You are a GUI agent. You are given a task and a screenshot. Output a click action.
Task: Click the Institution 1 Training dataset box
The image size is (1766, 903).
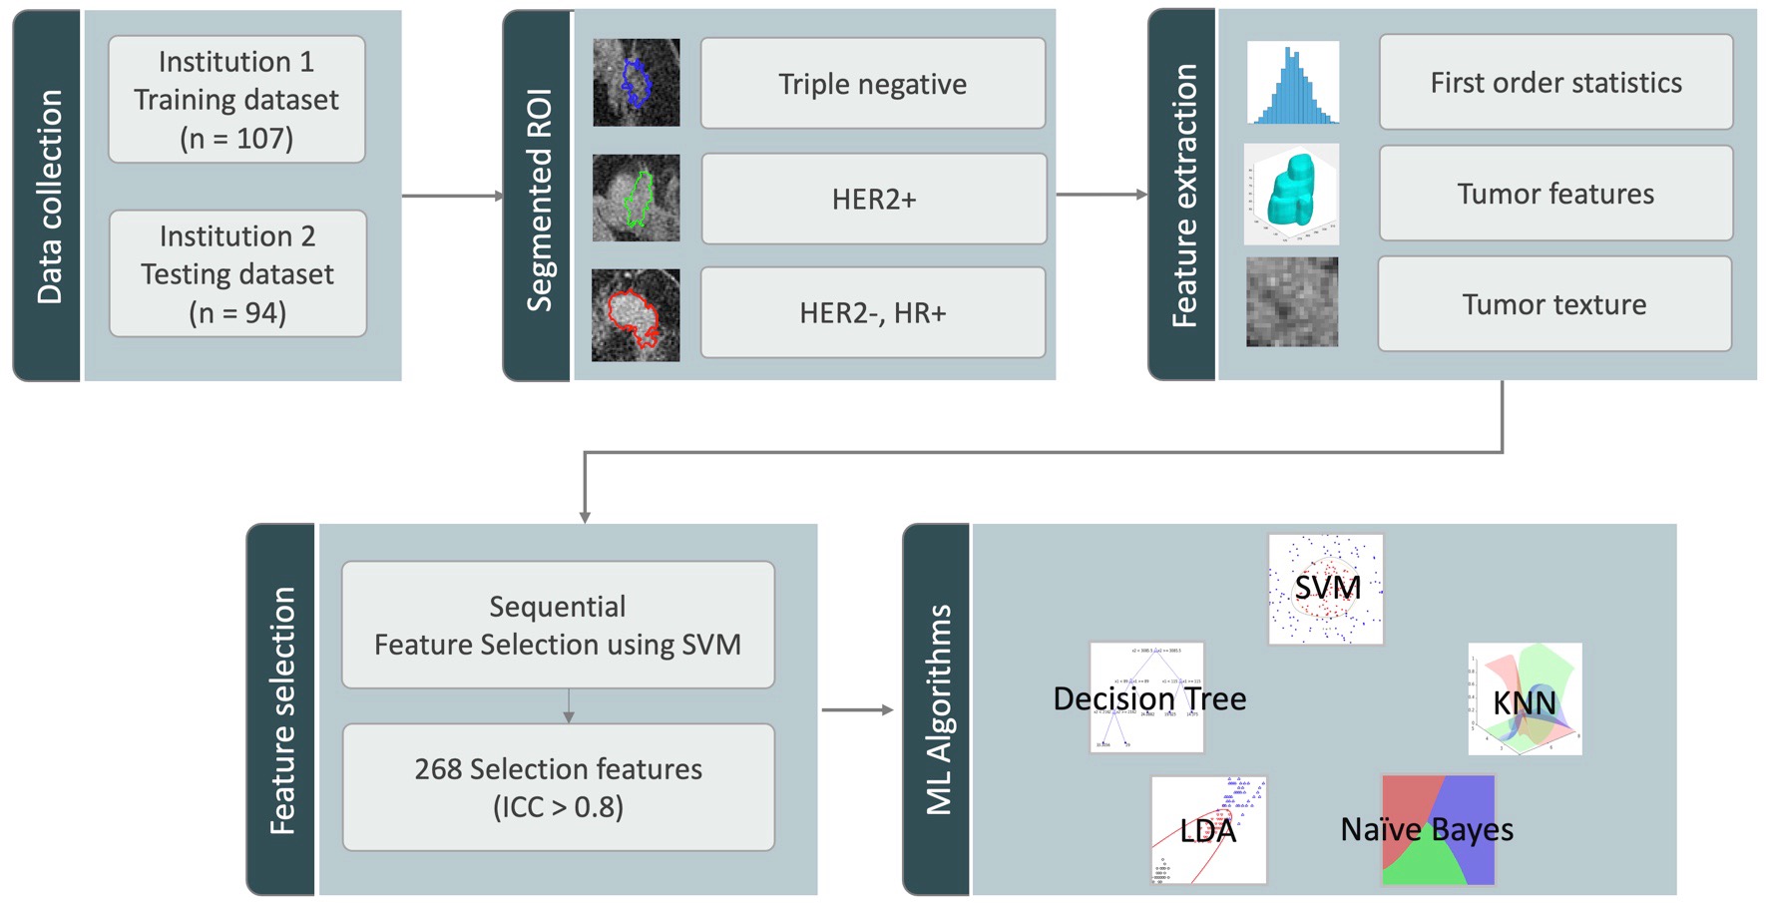(236, 100)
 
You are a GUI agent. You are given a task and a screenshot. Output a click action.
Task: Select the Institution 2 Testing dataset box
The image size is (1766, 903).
(237, 273)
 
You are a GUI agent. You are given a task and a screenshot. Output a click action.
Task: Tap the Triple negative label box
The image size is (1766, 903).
(872, 84)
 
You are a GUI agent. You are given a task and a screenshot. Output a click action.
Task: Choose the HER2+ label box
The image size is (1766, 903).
(873, 199)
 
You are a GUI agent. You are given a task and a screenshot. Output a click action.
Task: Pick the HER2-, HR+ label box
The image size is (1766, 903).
(872, 312)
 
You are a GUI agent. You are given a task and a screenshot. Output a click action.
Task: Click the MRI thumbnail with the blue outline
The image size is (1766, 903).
(636, 83)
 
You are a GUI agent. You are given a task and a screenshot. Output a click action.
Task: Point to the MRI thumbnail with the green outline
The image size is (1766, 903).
(636, 198)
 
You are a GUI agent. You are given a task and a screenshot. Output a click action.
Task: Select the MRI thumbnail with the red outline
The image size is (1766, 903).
(636, 314)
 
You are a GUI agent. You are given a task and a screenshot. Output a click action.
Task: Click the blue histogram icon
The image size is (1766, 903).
(1293, 83)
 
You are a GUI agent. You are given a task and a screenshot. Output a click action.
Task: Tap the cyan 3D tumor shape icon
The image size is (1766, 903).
(1292, 194)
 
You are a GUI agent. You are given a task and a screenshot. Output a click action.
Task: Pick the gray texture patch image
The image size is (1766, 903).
(1292, 301)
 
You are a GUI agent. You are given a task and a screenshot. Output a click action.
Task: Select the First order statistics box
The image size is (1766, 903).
(1555, 83)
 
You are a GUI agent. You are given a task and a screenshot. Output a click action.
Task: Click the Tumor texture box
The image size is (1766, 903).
(1553, 304)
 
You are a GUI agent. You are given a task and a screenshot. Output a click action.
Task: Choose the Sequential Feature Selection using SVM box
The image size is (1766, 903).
(558, 625)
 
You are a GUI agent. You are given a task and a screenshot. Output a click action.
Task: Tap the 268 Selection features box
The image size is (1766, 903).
(558, 787)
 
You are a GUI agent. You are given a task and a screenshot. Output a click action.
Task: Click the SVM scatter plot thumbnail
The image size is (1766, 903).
(1326, 589)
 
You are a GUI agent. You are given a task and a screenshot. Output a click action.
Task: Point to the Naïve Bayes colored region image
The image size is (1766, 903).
(1438, 830)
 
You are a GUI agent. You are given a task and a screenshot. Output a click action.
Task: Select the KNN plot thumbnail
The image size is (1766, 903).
(1525, 698)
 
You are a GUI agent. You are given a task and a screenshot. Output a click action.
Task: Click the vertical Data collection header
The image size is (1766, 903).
(48, 196)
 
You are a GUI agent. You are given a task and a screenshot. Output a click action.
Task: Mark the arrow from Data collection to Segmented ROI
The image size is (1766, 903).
(452, 196)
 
